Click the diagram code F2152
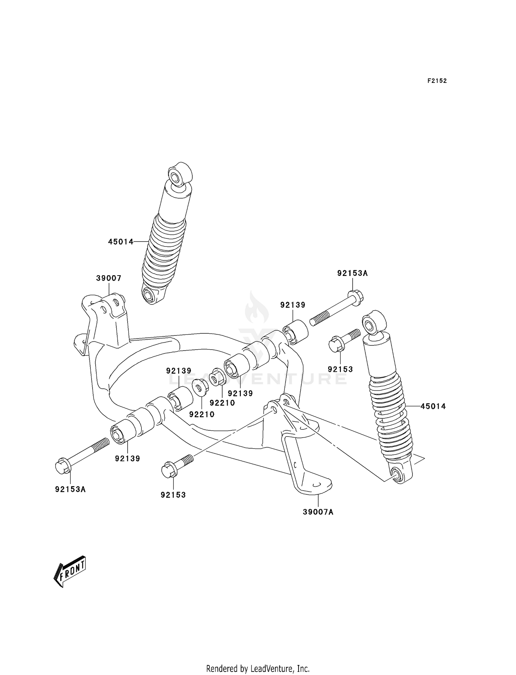(x=437, y=81)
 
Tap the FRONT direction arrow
(x=70, y=571)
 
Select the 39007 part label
(x=109, y=278)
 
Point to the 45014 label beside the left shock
(x=121, y=242)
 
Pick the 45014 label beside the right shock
(x=433, y=406)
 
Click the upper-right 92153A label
(x=353, y=273)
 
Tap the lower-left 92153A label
(x=71, y=489)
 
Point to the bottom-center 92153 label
(x=173, y=495)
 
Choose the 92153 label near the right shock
(x=341, y=369)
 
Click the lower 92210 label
(x=202, y=415)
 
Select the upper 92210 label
(x=222, y=403)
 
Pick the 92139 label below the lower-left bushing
(x=128, y=458)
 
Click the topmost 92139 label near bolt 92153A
(x=293, y=305)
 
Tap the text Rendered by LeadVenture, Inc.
(x=258, y=668)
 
